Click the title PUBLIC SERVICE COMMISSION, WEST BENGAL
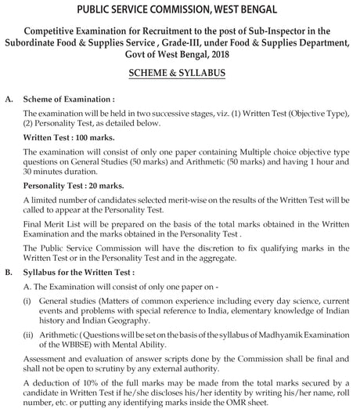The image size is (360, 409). click(180, 9)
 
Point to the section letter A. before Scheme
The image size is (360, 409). click(9, 101)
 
